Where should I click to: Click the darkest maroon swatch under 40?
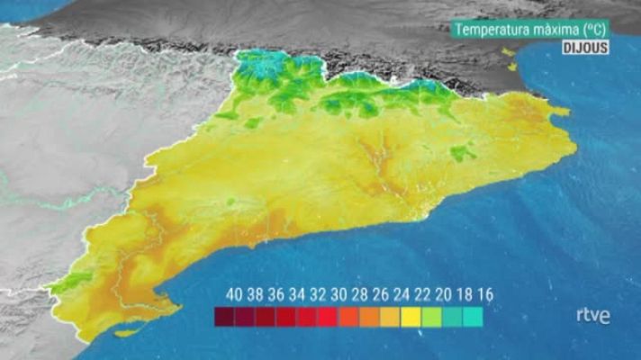224,316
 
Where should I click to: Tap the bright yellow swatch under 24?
411,316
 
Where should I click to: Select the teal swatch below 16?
473,316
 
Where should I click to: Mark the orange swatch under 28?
369,316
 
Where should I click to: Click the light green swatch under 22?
431,316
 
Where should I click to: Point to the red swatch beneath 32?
307,316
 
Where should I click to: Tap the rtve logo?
592,315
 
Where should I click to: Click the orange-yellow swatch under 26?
390,316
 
